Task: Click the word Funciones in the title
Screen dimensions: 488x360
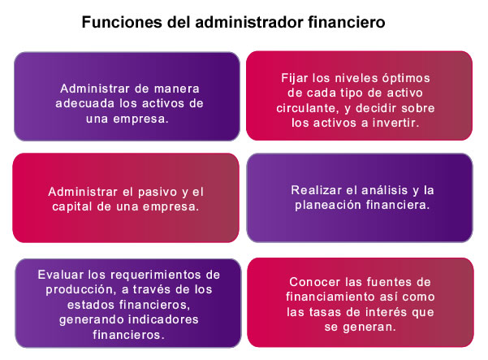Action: click(122, 22)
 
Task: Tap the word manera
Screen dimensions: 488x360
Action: click(176, 89)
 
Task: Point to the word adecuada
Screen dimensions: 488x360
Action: click(85, 103)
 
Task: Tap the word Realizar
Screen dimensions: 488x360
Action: click(316, 190)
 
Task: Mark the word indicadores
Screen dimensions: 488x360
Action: click(163, 319)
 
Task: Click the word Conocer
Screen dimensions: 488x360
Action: click(315, 282)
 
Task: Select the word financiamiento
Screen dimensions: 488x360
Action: click(329, 297)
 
